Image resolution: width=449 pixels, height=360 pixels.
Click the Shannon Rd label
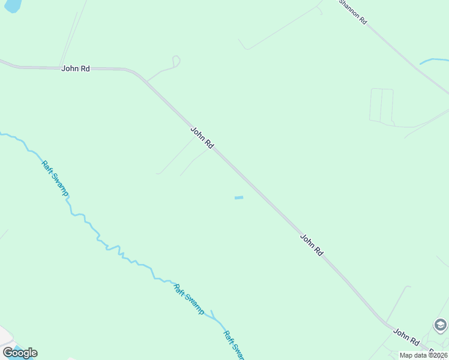pos(353,11)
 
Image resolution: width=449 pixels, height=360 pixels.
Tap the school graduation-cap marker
pos(440,325)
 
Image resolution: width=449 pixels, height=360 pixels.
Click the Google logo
pos(20,353)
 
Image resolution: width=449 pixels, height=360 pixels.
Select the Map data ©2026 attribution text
pos(424,355)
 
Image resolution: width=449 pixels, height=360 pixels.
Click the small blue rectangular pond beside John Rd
pos(239,197)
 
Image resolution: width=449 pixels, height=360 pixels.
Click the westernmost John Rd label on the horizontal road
pos(76,69)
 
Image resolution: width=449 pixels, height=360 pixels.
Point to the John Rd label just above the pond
pos(202,137)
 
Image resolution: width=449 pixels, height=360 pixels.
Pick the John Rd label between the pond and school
pos(312,245)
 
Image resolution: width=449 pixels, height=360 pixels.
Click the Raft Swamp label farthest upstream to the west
pos(55,178)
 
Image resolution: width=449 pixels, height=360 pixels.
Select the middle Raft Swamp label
pos(188,298)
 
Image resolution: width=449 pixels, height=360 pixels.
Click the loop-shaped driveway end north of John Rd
pos(176,61)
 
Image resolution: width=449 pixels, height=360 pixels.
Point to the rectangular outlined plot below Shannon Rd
pos(381,106)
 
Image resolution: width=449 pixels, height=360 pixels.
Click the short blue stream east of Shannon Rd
pos(433,61)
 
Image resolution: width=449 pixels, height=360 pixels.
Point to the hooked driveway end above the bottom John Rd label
pos(409,287)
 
